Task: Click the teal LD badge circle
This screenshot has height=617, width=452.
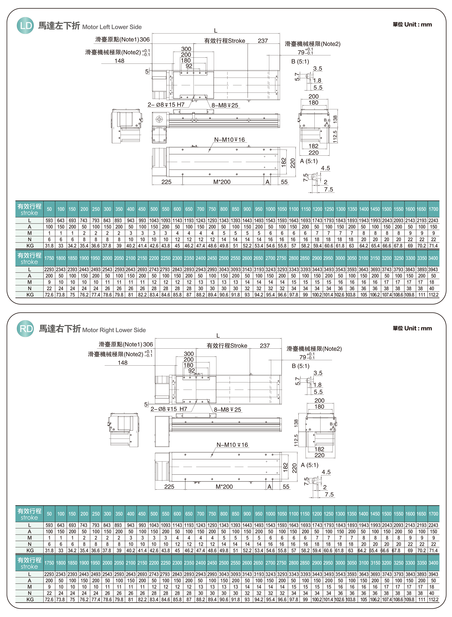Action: click(x=25, y=25)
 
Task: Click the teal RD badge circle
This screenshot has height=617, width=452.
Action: click(x=25, y=329)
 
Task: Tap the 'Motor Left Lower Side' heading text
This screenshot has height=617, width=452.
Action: click(x=112, y=27)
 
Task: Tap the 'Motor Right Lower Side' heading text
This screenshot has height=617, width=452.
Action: click(x=114, y=330)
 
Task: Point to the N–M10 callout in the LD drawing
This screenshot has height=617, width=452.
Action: click(x=229, y=140)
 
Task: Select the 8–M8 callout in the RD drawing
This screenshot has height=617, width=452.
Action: click(x=227, y=410)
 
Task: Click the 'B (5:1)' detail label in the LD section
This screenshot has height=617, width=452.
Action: click(x=300, y=61)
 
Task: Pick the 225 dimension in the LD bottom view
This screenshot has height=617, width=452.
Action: click(x=166, y=182)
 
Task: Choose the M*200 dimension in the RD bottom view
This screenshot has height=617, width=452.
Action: click(x=224, y=487)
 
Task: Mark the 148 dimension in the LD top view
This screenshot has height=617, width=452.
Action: click(x=119, y=61)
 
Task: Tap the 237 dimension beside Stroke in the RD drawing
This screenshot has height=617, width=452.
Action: click(x=265, y=346)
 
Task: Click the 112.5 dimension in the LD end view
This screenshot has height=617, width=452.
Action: click(x=335, y=136)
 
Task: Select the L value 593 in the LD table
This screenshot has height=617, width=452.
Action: click(x=49, y=220)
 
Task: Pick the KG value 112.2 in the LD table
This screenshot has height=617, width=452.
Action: click(x=433, y=295)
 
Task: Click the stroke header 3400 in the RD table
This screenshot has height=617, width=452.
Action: click(x=433, y=563)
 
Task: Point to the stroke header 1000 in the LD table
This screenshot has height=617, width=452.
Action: click(x=270, y=209)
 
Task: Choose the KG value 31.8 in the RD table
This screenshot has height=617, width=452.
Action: click(x=49, y=551)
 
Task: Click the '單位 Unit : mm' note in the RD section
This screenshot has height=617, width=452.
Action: click(x=412, y=328)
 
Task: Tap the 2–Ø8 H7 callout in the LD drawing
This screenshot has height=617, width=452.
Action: click(x=166, y=105)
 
